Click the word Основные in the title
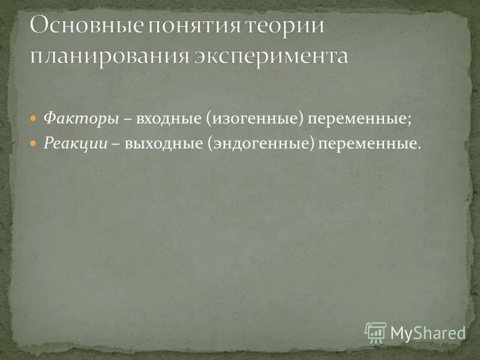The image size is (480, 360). (x=76, y=27)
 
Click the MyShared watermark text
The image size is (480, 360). (x=428, y=333)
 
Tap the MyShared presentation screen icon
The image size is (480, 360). (x=376, y=332)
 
